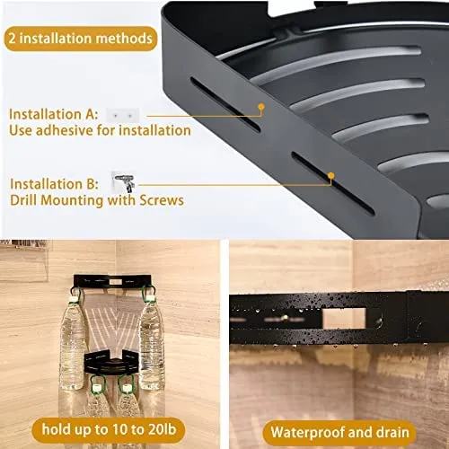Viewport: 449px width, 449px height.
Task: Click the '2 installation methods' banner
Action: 81,39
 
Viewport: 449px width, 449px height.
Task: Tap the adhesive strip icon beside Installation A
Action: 122,115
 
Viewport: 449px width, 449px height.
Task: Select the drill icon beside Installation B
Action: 124,182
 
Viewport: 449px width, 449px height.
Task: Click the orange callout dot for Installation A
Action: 261,107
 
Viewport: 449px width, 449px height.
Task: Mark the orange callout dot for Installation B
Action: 330,176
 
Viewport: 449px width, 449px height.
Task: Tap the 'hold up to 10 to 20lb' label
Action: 109,430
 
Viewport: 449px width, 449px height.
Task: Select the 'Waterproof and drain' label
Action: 339,433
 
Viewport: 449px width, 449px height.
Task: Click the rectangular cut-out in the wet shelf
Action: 344,318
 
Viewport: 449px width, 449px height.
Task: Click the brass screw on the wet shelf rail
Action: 285,317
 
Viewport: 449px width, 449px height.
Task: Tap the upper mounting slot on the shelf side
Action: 225,104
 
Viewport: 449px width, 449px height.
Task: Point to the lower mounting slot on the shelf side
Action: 333,183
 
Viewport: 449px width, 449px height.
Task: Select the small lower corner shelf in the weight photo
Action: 111,363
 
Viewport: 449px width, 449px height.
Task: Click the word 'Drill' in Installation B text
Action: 24,200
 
